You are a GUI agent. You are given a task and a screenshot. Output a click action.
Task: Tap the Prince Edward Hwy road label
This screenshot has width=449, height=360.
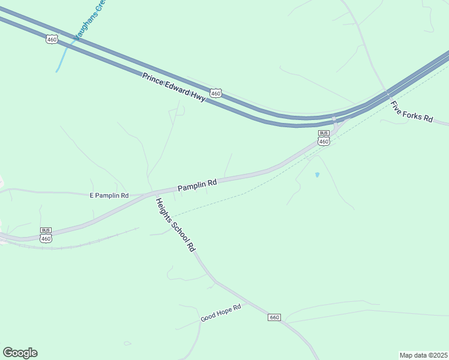click(x=173, y=87)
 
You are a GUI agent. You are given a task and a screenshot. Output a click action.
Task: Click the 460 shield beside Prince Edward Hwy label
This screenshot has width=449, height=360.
click(x=216, y=94)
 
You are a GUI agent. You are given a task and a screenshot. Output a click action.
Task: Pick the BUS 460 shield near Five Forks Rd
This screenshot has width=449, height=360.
click(x=324, y=139)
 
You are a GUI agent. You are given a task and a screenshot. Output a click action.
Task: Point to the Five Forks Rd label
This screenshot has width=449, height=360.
click(x=411, y=112)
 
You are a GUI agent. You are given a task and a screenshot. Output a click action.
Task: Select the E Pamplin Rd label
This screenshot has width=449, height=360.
click(x=109, y=196)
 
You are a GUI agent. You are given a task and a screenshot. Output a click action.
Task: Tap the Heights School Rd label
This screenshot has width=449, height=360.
click(x=176, y=224)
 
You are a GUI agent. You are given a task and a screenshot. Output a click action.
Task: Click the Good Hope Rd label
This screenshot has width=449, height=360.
click(x=220, y=313)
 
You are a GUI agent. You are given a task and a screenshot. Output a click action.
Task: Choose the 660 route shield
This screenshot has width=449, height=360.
click(x=274, y=317)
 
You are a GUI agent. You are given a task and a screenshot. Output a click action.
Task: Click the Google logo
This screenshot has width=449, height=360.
click(x=20, y=353)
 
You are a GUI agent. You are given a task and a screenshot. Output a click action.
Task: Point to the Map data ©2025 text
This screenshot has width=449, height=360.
click(x=423, y=355)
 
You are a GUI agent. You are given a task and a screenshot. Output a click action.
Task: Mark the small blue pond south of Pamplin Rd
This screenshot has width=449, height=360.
click(x=317, y=175)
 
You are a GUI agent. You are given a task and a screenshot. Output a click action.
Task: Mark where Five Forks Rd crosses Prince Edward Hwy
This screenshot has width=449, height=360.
click(x=387, y=95)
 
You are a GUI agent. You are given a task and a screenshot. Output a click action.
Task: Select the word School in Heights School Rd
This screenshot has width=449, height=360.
click(x=177, y=226)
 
